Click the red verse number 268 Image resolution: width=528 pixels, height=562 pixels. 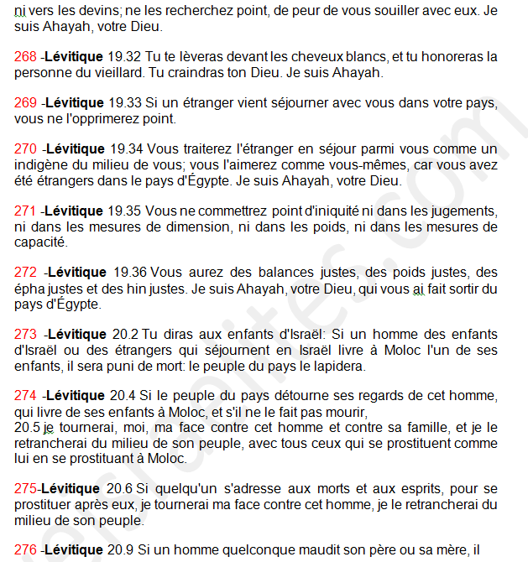[x=26, y=57]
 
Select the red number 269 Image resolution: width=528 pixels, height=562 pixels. [x=26, y=103]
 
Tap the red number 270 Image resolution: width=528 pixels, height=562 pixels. [x=26, y=148]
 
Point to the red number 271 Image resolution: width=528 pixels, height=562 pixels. [x=26, y=211]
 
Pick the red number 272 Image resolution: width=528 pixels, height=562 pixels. [x=26, y=273]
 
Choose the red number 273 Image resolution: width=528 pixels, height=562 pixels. [x=26, y=334]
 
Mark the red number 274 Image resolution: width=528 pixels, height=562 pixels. [x=26, y=396]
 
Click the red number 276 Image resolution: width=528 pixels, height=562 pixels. [x=26, y=550]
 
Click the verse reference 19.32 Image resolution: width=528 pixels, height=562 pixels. [x=125, y=57]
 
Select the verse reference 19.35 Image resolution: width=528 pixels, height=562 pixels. [x=125, y=211]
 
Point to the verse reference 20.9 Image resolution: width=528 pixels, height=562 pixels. [x=121, y=550]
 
